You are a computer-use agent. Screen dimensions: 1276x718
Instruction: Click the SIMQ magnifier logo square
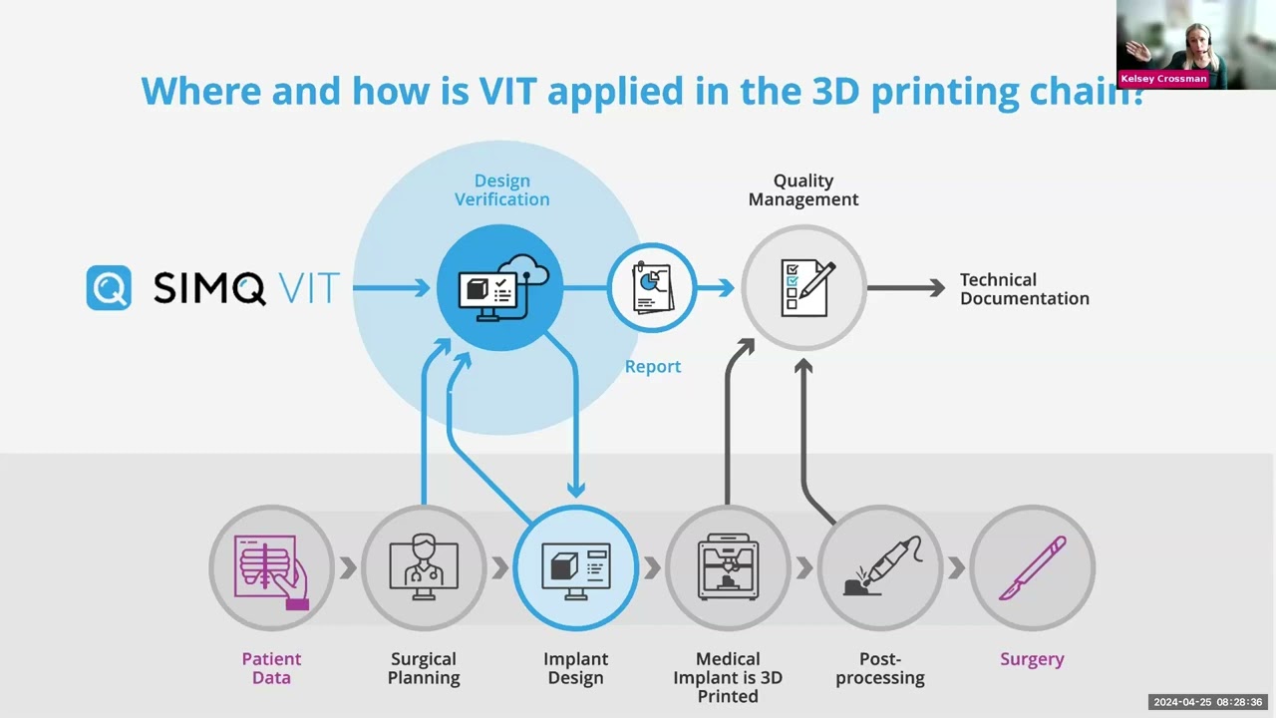109,287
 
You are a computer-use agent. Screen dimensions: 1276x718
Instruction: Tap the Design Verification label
501,189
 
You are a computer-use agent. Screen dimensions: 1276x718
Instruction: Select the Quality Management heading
803,189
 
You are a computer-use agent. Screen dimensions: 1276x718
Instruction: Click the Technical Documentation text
1024,289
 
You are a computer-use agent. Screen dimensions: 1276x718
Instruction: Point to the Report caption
653,366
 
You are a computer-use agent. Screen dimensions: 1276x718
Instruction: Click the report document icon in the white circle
653,287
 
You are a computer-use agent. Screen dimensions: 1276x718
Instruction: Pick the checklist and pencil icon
807,288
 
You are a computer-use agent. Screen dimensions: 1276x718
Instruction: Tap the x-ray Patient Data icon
271,571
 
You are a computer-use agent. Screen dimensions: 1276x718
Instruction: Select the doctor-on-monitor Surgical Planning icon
424,566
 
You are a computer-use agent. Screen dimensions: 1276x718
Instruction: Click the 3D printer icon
728,566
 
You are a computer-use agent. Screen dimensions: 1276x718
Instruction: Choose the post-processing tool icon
882,565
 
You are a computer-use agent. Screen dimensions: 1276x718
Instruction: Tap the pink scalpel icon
1032,567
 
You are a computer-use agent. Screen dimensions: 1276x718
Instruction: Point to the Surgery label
1032,659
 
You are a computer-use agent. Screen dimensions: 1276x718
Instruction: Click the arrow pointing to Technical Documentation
906,288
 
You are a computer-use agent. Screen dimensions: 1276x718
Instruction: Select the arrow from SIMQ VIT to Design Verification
392,288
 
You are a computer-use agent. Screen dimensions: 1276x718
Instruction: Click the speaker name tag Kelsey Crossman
1163,79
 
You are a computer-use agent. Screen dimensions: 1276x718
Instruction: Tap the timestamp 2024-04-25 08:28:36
1208,703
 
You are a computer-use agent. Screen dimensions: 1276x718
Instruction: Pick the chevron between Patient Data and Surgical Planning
348,568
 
